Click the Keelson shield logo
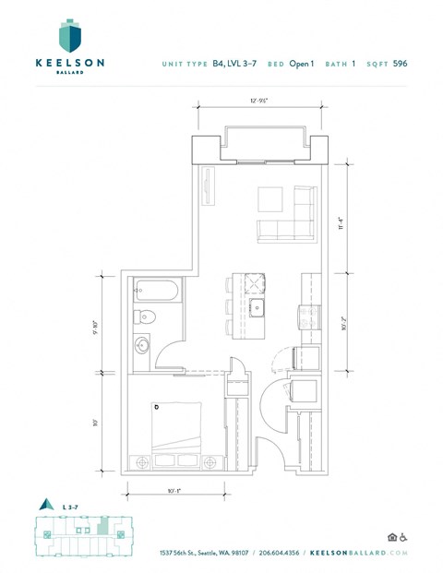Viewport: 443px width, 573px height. pos(68,37)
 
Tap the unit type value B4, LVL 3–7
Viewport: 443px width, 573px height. pos(234,64)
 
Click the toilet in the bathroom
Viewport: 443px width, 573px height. pos(146,316)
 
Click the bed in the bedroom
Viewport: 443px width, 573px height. pos(178,430)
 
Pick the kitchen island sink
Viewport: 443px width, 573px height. pos(259,306)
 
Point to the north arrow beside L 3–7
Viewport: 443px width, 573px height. pos(42,505)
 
